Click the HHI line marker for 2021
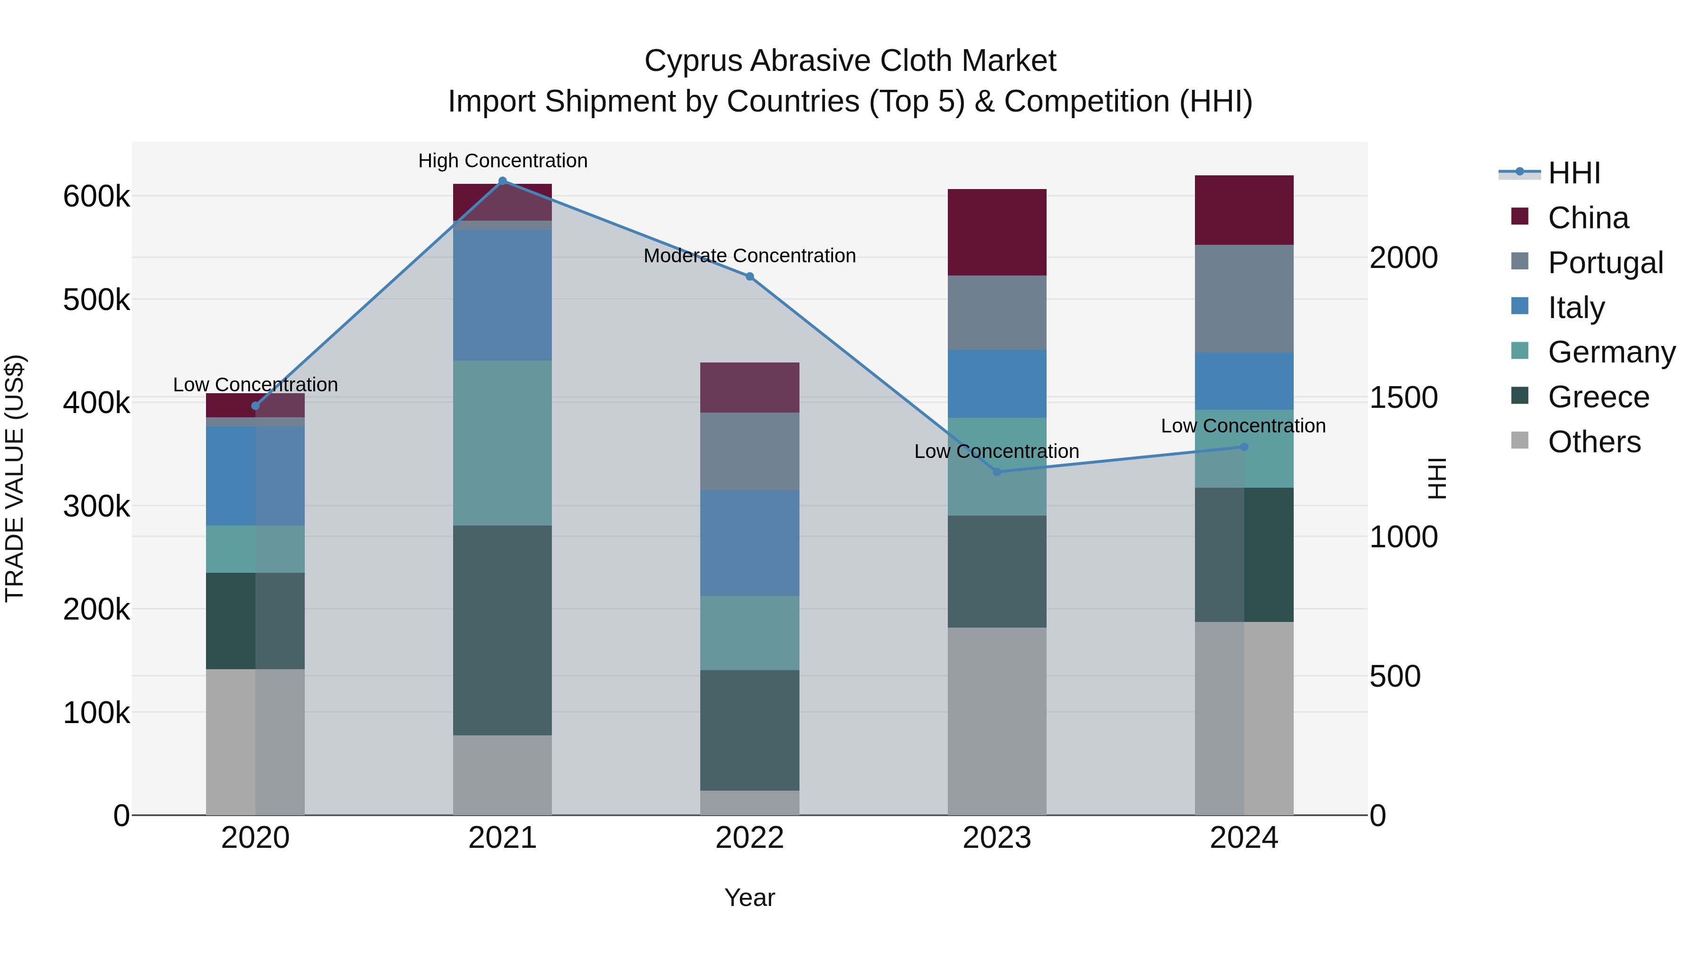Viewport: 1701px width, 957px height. click(x=503, y=181)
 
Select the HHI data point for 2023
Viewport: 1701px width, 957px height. click(x=997, y=472)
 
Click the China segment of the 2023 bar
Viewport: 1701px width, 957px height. click(x=997, y=233)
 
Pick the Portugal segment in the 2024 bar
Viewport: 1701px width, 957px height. click(x=1244, y=299)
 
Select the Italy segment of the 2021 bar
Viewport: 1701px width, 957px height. click(x=503, y=295)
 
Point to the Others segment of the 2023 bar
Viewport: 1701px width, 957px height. click(x=997, y=721)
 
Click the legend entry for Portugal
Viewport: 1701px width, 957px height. click(x=1605, y=263)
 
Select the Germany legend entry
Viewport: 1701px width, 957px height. click(x=1611, y=352)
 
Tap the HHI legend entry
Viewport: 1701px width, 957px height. click(x=1573, y=173)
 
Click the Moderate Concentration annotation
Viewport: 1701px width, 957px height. click(x=749, y=256)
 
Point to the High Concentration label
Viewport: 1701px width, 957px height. click(x=503, y=161)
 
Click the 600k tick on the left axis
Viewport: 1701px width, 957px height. click(x=96, y=196)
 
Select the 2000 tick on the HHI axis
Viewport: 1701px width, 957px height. click(x=1403, y=258)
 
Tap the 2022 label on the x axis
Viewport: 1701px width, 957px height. click(x=749, y=838)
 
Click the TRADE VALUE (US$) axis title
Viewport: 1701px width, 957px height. click(x=15, y=478)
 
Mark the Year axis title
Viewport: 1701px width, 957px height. click(x=749, y=897)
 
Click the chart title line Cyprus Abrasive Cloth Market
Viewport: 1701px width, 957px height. click(x=850, y=61)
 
